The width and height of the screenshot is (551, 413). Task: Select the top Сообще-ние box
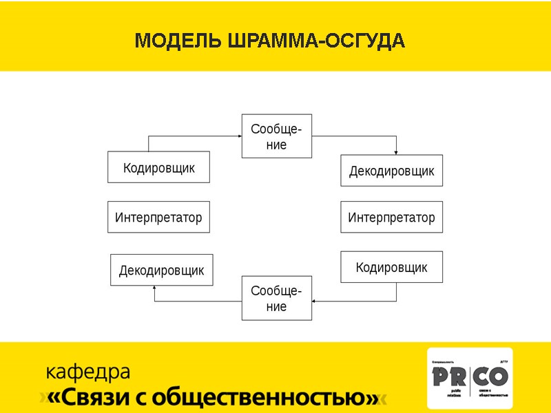[x=276, y=136]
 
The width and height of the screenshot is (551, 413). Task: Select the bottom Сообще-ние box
[x=276, y=298]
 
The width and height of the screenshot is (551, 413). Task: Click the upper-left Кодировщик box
[x=158, y=167]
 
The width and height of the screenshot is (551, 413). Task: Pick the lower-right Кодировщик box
[x=391, y=267]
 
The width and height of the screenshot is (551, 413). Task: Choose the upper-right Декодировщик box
[x=391, y=171]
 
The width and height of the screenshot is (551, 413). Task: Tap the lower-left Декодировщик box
[x=161, y=270]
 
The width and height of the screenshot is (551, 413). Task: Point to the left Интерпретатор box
[x=158, y=218]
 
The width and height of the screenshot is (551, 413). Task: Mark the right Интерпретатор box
[x=391, y=218]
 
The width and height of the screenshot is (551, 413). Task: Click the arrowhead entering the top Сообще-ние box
[x=238, y=136]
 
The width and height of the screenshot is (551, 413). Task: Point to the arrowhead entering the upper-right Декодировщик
[x=396, y=152]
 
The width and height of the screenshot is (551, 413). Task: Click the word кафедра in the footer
[x=87, y=372]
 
